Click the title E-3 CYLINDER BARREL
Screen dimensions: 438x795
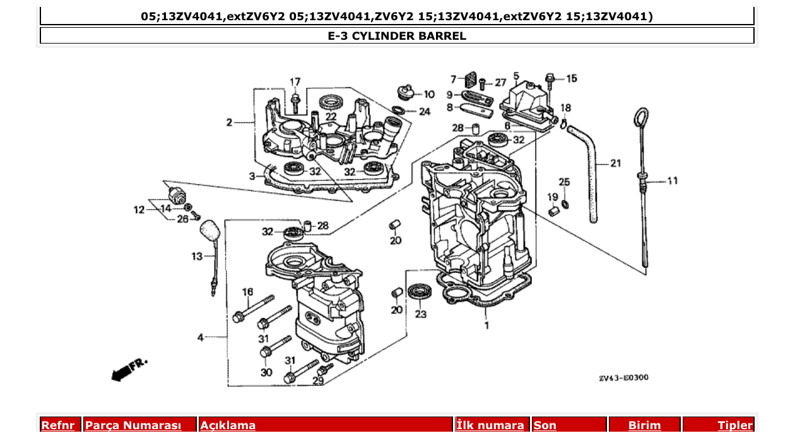coord(397,36)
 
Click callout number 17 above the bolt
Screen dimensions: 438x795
coord(295,82)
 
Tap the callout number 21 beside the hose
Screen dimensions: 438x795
coord(615,163)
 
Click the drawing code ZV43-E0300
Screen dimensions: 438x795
coord(623,377)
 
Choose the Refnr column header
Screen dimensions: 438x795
coord(58,425)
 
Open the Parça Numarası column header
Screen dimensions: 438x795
coord(133,425)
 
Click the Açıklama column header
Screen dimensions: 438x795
coord(228,425)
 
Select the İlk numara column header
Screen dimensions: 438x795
coord(490,425)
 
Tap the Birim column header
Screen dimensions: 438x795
coord(644,425)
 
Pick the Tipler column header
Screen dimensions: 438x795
coord(735,425)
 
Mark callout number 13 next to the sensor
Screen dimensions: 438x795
coord(197,256)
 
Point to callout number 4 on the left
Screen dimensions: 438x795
coord(201,338)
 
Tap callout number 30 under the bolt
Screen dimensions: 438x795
coord(266,372)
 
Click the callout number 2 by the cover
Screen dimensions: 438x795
coord(230,122)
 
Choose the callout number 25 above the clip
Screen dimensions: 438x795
coord(564,182)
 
